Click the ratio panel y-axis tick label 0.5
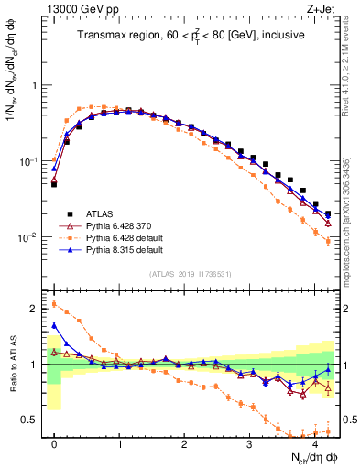pos(34,420)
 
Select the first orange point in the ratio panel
pos(55,305)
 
